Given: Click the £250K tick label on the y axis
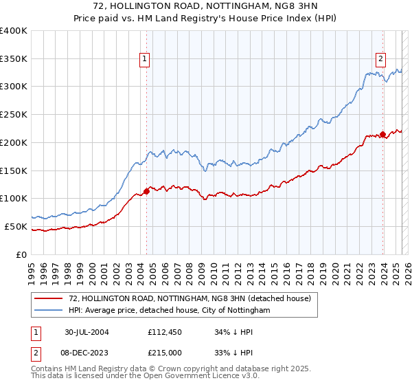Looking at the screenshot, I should pos(14,114).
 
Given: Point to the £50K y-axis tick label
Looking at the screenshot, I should pos(16,226).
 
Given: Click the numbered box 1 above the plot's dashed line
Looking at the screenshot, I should pos(146,60).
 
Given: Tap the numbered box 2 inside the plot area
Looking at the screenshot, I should pos(380,58).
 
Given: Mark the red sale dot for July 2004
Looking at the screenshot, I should pos(146,191).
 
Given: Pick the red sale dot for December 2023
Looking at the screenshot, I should pos(382,134).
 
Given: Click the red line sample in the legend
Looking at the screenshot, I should pos(49,298).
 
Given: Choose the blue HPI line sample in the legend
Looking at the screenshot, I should pos(49,310).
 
